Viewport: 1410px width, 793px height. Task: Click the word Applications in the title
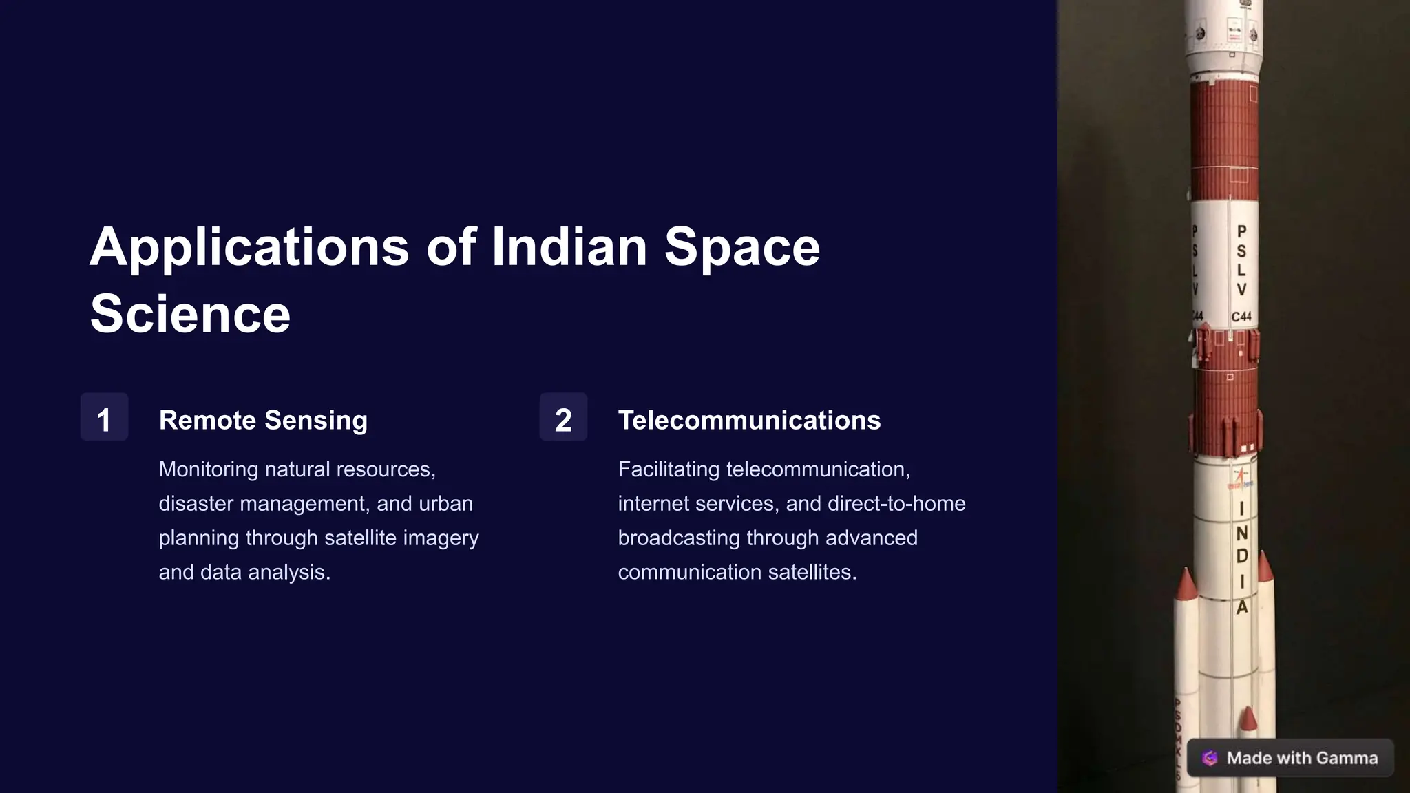coord(249,248)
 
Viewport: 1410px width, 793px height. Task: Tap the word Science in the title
coord(190,315)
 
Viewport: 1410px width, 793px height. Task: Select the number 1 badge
coord(104,418)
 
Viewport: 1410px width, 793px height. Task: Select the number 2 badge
coord(563,418)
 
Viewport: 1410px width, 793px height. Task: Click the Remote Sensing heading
coord(263,420)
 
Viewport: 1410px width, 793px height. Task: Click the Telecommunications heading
coord(749,420)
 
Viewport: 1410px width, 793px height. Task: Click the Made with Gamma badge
coord(1290,758)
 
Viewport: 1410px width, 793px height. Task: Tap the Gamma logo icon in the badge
coord(1210,758)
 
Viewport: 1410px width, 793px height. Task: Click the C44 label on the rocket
coord(1241,317)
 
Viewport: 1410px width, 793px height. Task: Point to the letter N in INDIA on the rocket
coord(1242,533)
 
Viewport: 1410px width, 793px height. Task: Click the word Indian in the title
coord(569,248)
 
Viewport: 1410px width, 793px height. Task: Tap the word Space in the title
coord(741,248)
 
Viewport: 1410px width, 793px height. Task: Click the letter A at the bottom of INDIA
coord(1242,607)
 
